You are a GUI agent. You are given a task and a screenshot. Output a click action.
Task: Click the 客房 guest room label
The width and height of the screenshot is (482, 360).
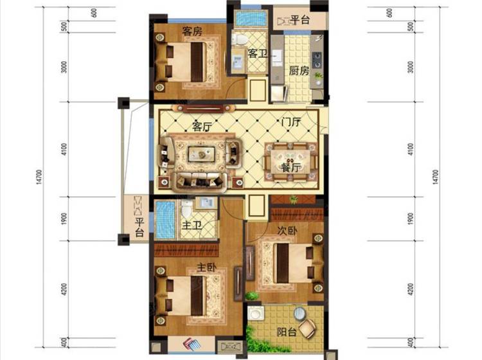(x=192, y=31)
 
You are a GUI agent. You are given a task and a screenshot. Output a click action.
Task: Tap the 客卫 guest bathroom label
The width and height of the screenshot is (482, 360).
(x=257, y=53)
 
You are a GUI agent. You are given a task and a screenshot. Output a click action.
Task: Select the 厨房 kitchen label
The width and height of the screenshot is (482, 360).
(x=299, y=71)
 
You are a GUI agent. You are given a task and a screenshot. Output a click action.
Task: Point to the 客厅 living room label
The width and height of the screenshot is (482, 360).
(x=202, y=126)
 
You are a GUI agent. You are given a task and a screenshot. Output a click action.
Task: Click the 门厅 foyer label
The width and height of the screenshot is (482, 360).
(x=290, y=122)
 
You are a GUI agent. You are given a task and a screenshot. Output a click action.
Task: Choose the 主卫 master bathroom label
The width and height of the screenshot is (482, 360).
(x=192, y=226)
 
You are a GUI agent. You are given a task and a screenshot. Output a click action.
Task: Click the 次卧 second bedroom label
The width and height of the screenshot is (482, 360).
(x=287, y=231)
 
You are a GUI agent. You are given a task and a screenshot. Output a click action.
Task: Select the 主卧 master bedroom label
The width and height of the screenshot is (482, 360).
(x=206, y=267)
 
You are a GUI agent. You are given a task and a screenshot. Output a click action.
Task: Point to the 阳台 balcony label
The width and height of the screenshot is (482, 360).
(x=287, y=332)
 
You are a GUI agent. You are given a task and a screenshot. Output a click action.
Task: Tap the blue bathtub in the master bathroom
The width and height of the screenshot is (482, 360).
(x=165, y=220)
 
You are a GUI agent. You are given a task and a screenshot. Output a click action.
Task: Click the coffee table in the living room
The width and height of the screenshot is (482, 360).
(x=202, y=154)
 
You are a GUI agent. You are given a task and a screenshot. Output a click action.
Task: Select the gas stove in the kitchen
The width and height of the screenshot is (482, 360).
(x=317, y=60)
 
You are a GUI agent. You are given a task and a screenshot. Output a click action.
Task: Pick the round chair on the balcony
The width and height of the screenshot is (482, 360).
(x=307, y=329)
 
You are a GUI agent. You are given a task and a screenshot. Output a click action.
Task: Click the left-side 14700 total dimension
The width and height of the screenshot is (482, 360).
(x=39, y=177)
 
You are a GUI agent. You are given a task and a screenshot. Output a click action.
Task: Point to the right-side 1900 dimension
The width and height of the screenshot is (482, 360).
(x=411, y=219)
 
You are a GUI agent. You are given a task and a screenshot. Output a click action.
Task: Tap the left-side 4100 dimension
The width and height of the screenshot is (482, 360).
(x=64, y=149)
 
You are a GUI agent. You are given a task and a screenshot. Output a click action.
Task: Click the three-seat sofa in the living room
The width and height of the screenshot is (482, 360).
(x=199, y=181)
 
